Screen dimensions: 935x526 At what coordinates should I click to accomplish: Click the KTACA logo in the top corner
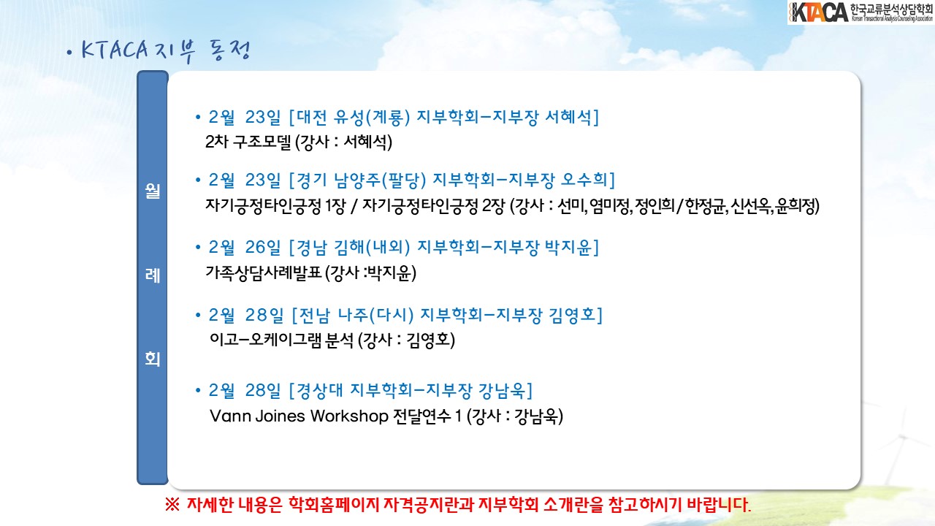[x=860, y=12]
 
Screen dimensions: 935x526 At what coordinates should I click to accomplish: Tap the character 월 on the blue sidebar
[x=153, y=191]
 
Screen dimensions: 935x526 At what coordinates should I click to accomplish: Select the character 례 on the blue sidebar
[x=153, y=275]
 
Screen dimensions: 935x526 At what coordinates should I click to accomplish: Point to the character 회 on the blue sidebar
[x=153, y=359]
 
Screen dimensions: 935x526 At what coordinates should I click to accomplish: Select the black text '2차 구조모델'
[x=248, y=142]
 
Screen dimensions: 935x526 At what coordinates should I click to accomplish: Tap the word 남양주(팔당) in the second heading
[x=380, y=180]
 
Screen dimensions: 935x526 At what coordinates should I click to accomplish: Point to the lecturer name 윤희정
[x=796, y=206]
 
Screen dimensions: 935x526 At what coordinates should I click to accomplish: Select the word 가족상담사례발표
[x=264, y=273]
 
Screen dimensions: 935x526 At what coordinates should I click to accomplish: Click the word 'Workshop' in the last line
[x=349, y=416]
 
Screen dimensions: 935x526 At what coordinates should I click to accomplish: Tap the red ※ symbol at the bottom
[x=172, y=505]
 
